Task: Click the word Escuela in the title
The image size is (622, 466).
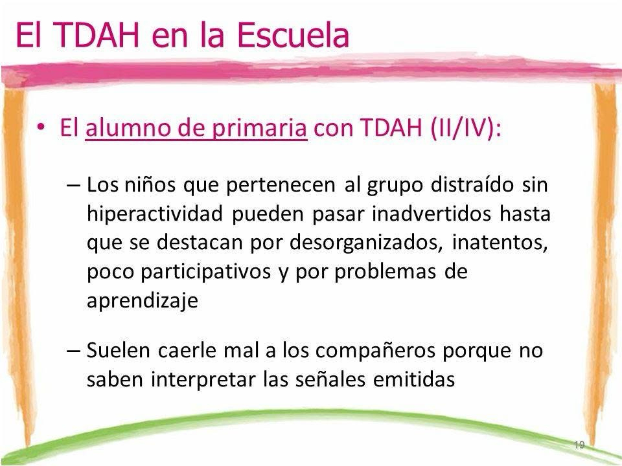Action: tap(294, 35)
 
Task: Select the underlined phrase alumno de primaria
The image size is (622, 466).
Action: tap(196, 128)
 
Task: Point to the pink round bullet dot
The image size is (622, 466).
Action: tap(41, 127)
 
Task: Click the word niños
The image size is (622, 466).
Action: tap(150, 184)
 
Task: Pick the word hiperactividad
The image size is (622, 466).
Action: tap(155, 214)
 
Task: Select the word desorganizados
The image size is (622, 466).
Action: tap(365, 243)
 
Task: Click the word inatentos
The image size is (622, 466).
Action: tap(500, 243)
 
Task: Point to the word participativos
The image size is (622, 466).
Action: tap(206, 272)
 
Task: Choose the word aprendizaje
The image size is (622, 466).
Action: tap(143, 301)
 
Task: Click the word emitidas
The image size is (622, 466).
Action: tap(414, 379)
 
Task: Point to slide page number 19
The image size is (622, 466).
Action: tap(579, 445)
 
